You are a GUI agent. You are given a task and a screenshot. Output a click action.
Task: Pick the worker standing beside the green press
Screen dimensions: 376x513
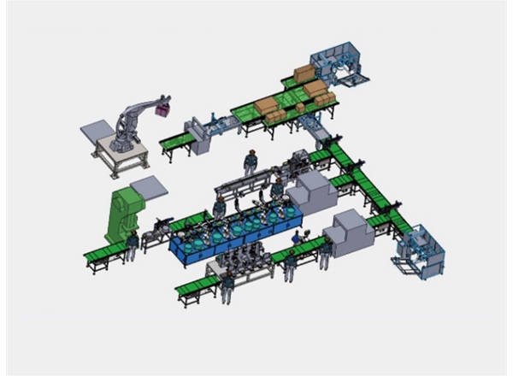(x=132, y=248)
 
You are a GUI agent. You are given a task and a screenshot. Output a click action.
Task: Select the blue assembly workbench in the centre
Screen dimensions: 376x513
(x=231, y=239)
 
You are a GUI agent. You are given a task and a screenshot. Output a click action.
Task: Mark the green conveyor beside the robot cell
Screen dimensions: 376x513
(x=176, y=140)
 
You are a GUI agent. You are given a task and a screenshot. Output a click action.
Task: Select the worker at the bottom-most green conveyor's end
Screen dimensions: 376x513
(x=227, y=286)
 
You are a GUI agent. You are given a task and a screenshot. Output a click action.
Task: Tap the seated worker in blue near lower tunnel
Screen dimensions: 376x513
(x=298, y=241)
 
